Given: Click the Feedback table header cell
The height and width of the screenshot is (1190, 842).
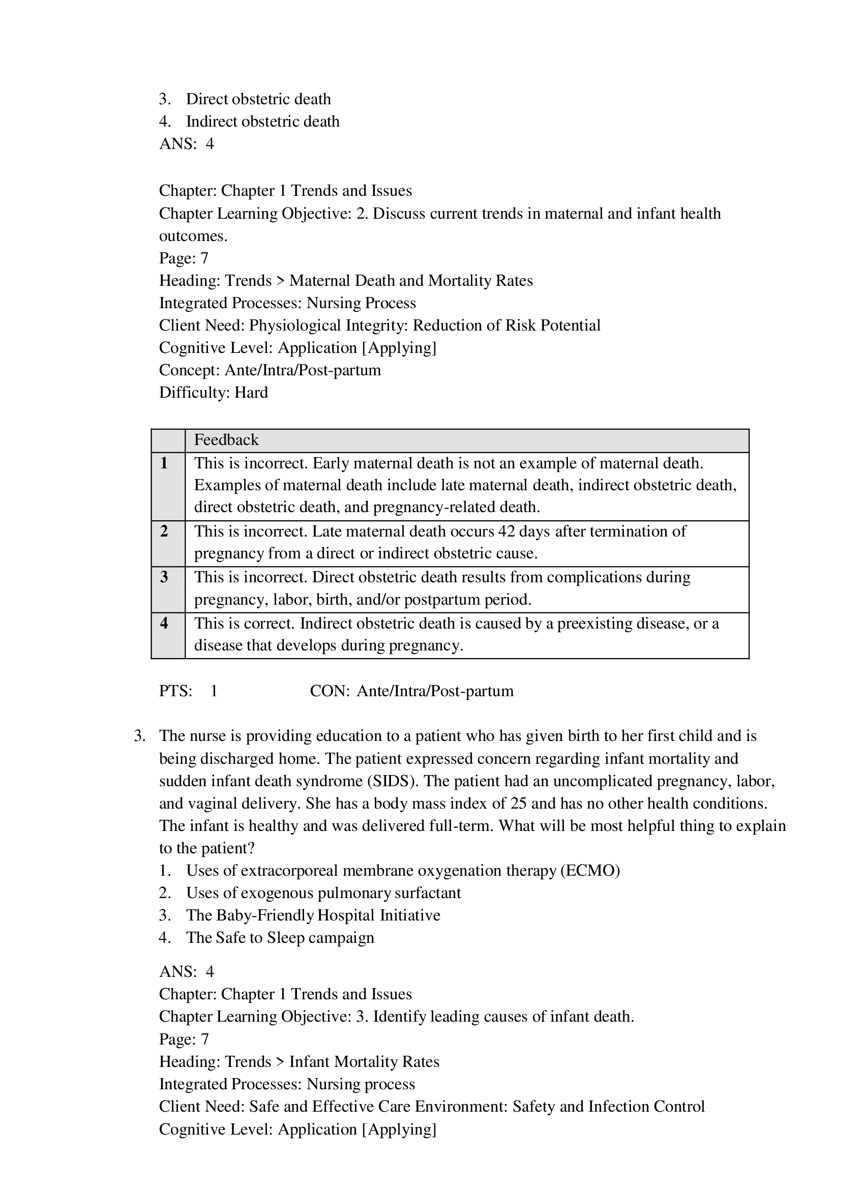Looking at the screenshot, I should point(226,440).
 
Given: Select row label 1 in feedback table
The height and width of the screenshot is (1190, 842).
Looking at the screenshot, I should point(164,463).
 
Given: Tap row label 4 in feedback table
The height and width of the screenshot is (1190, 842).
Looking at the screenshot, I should point(164,623).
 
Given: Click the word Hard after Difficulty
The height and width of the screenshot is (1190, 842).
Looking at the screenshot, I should point(251,393).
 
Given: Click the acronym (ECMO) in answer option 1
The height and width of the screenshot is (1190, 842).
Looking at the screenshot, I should point(590,871).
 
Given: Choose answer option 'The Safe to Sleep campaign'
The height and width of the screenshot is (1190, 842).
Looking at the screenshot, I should point(280,937).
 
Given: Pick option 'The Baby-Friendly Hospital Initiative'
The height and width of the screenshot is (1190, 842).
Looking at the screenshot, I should point(313,915).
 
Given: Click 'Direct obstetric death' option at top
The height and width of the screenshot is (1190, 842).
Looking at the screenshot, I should point(258,99).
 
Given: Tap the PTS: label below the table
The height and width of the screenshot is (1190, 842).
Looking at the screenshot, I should point(175,691).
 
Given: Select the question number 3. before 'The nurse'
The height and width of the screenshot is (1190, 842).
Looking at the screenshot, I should point(139,736).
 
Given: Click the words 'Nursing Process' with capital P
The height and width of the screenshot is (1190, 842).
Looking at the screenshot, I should point(362,303).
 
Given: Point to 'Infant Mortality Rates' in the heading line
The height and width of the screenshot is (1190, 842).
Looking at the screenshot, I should point(364,1062).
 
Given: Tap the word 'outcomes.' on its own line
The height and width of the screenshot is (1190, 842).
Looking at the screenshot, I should point(193,236).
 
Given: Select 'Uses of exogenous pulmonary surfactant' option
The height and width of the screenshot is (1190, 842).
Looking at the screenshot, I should point(323,893).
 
